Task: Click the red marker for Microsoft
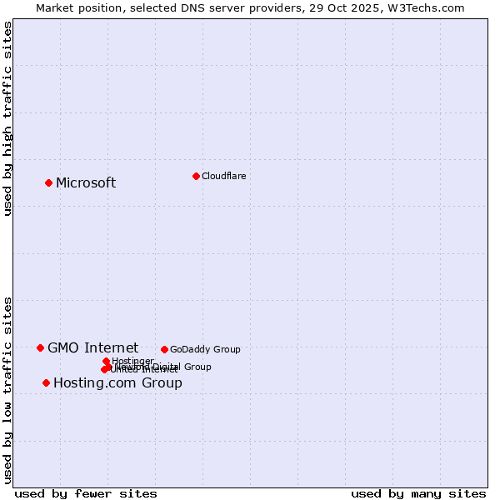49,182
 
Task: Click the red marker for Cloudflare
196,176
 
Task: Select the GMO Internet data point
40,347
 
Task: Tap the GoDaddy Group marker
164,349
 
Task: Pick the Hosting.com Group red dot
46,382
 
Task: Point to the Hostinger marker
106,361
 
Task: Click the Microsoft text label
86,183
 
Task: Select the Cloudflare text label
223,176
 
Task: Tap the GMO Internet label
92,348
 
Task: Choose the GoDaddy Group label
205,350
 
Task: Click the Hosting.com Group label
117,383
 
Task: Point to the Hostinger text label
132,361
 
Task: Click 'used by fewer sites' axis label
86,493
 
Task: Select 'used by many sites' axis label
418,493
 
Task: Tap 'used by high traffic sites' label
8,118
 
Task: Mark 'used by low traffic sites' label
8,389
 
